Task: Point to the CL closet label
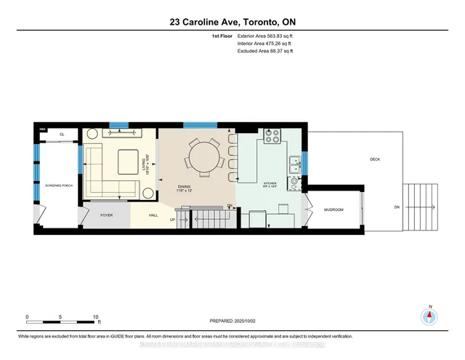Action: click(62, 134)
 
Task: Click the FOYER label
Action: click(106, 215)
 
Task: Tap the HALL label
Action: click(154, 215)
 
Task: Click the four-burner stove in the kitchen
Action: click(273, 136)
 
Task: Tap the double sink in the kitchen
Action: click(295, 164)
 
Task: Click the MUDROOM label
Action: click(333, 210)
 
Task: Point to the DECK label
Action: click(374, 159)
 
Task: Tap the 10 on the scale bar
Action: click(96, 317)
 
